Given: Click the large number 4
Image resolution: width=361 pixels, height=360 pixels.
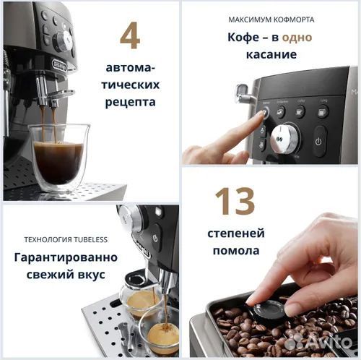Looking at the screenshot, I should tap(130, 37).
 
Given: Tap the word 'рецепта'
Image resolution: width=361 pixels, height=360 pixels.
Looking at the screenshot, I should tap(130, 102).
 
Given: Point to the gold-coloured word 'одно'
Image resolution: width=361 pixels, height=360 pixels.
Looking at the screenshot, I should tap(297, 38).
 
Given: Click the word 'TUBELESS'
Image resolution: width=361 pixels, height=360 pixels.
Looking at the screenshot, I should tap(87, 239).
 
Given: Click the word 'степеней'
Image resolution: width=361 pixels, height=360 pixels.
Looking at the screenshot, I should tap(236, 233).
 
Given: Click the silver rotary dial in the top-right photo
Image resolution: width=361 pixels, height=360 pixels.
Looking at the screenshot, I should tap(284, 138).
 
